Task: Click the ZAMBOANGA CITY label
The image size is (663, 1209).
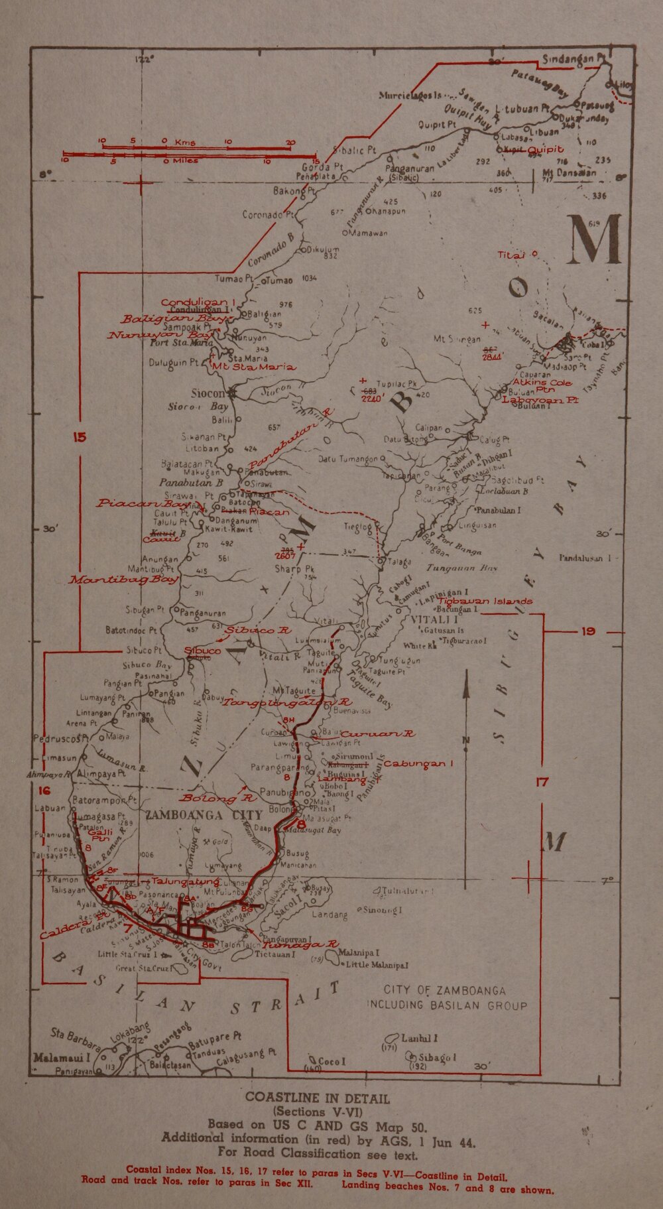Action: click(204, 814)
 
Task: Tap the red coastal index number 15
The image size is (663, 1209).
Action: click(80, 437)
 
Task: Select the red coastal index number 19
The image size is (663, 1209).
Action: click(588, 631)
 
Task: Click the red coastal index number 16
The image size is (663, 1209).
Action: click(44, 791)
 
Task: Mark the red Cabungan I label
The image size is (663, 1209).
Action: click(418, 763)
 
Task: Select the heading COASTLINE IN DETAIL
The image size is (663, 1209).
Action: click(317, 1098)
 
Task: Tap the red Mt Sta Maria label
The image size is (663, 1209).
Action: click(253, 367)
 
